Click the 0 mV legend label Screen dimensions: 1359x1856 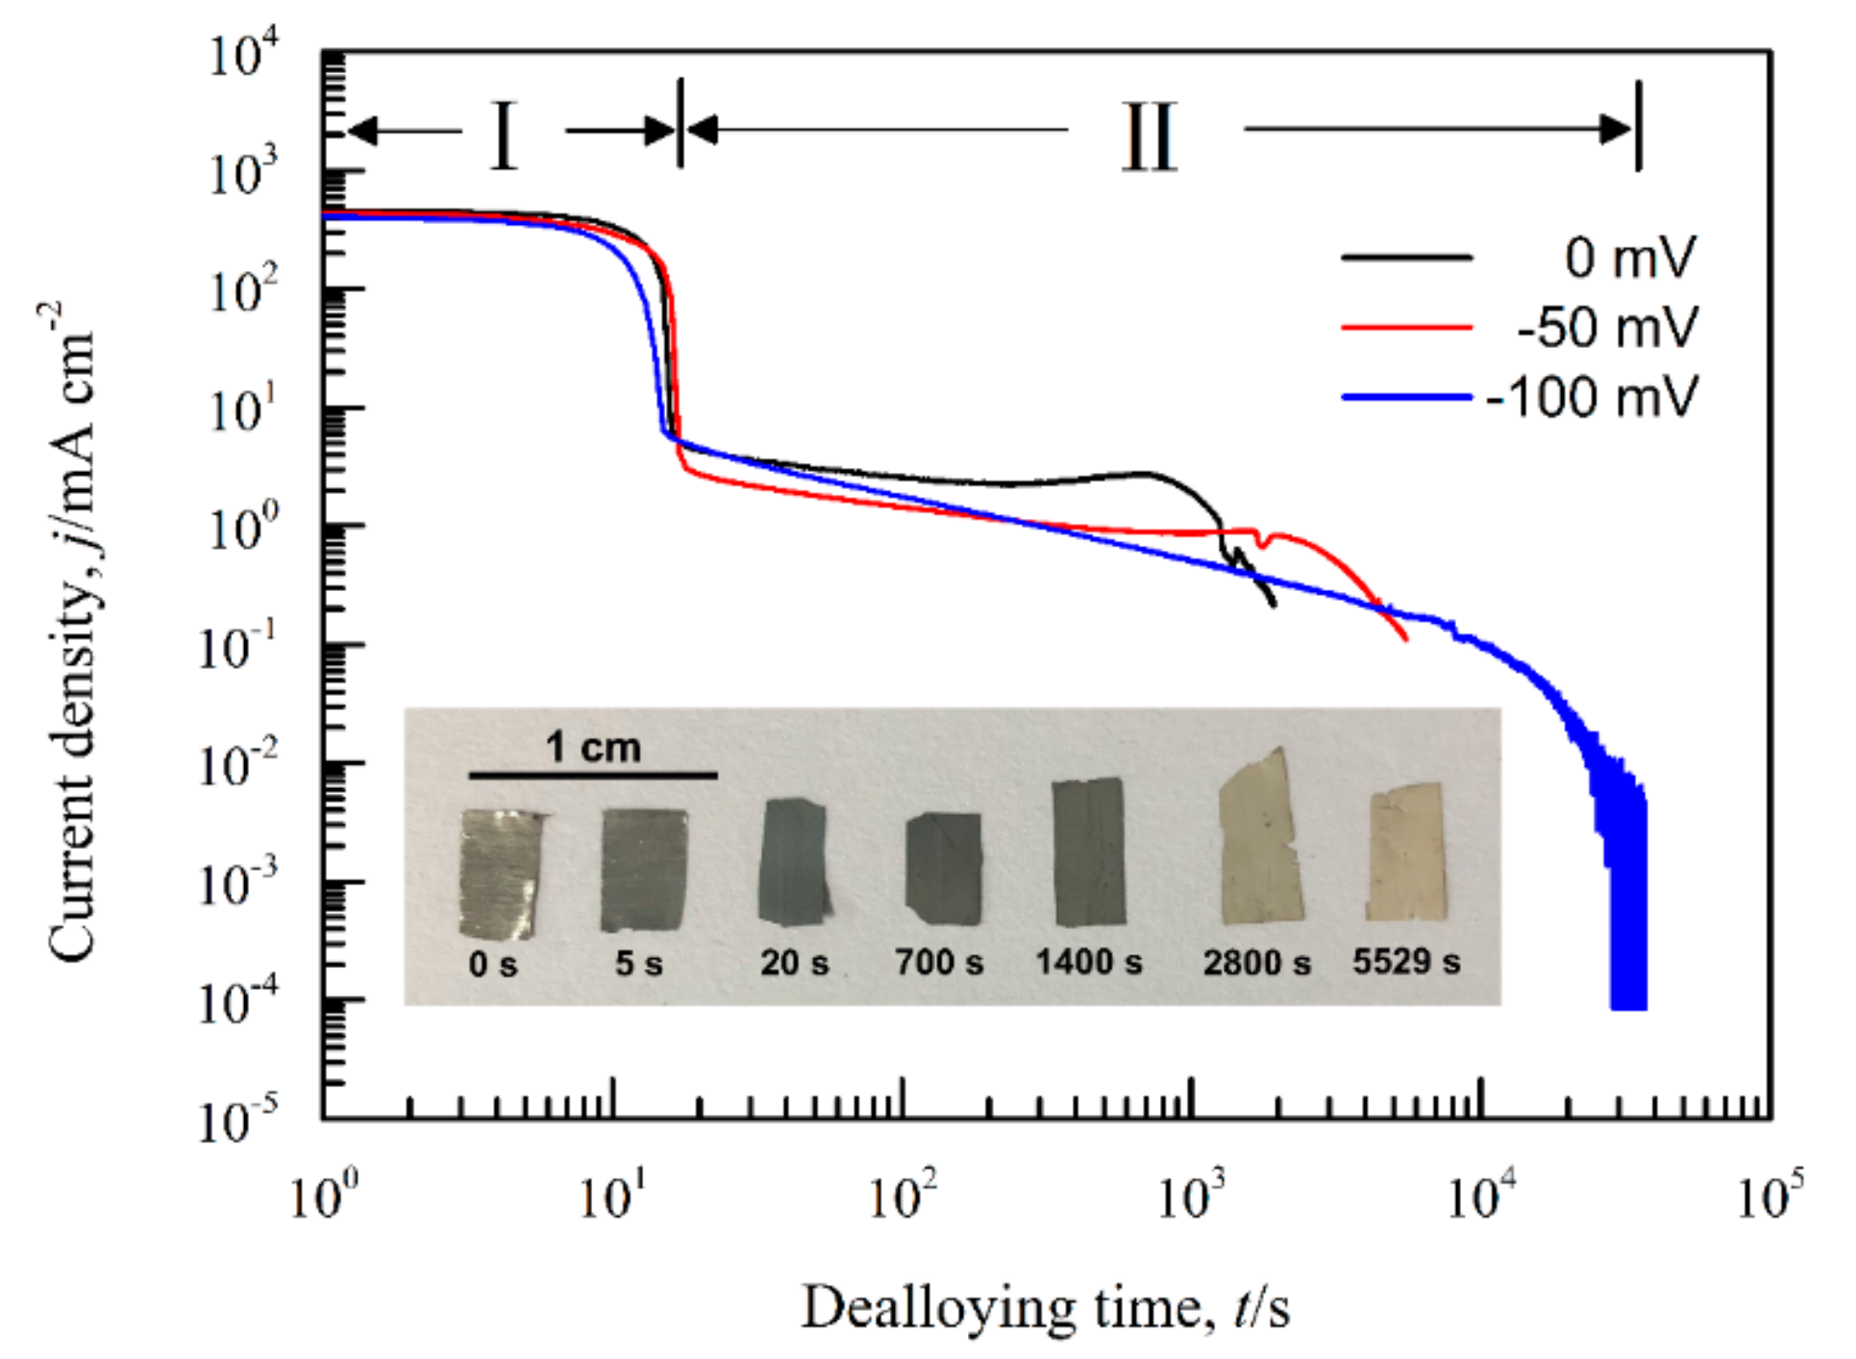tap(1629, 258)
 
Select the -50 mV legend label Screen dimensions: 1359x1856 tap(1607, 328)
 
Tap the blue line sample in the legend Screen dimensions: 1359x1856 tap(1406, 397)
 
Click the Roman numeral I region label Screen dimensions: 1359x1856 tap(504, 136)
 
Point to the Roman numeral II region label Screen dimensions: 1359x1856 tap(1150, 137)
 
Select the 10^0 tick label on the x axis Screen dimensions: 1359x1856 tap(324, 1197)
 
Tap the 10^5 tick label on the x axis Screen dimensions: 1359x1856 tap(1769, 1197)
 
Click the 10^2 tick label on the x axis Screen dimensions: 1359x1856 tap(903, 1197)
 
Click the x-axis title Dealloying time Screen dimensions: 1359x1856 tap(1045, 1308)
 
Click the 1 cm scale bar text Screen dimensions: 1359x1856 tap(593, 747)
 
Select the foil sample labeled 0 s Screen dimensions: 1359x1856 tap(500, 873)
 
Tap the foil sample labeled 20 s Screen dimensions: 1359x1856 tap(793, 862)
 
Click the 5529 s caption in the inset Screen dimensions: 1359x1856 tap(1406, 961)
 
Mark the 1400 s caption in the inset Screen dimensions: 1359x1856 tap(1089, 961)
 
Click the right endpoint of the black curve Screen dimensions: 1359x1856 tap(1274, 605)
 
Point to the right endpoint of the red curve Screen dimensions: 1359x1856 tap(1407, 640)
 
